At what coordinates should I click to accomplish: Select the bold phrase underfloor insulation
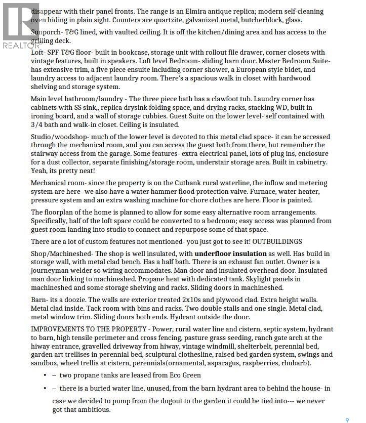click(x=230, y=253)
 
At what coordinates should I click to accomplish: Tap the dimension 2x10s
click(x=198, y=300)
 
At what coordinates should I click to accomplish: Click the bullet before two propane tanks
click(x=47, y=375)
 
